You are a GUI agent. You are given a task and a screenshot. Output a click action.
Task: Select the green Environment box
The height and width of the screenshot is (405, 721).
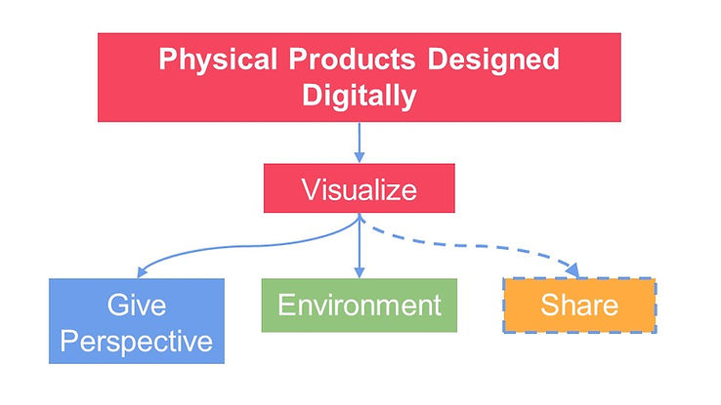360,304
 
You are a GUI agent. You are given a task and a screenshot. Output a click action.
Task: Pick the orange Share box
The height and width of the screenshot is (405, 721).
577,305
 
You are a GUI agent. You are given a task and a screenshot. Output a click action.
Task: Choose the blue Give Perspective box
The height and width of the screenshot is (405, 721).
137,320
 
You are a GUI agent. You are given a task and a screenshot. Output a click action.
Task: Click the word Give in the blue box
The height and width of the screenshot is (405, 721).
136,304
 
